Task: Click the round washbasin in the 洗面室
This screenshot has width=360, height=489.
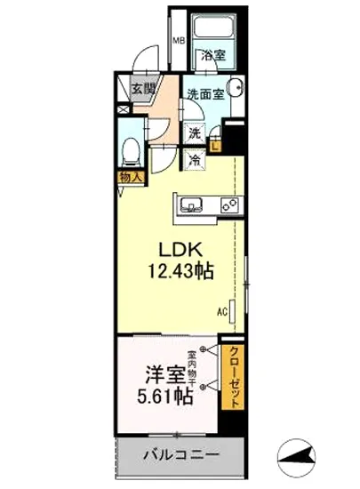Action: (x=236, y=89)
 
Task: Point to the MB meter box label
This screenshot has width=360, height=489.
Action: (x=178, y=41)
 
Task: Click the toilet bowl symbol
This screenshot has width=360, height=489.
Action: (x=130, y=152)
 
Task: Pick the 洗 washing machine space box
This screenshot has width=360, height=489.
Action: (x=193, y=135)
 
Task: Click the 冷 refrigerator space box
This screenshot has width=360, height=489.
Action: (x=193, y=160)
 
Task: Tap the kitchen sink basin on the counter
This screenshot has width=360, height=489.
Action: (x=192, y=206)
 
